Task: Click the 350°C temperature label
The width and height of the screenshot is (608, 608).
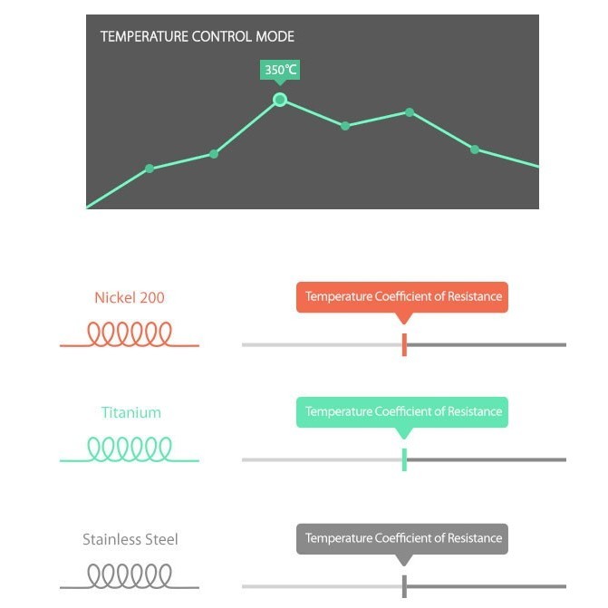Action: (x=280, y=70)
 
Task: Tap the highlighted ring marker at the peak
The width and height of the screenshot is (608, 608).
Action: (x=280, y=100)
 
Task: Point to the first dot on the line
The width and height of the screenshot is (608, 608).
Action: (x=150, y=169)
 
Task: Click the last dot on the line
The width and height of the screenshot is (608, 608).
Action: (x=475, y=150)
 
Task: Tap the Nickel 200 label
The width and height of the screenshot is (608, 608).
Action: (x=130, y=298)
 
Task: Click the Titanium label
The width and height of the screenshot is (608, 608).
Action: (x=131, y=412)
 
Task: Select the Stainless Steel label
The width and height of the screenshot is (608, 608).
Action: (x=130, y=539)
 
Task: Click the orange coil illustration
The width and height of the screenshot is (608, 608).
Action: (x=130, y=333)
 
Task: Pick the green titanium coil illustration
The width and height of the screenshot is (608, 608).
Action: (x=130, y=449)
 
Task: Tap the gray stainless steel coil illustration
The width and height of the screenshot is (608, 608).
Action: (x=130, y=575)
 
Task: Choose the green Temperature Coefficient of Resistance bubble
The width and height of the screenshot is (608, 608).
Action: (x=402, y=412)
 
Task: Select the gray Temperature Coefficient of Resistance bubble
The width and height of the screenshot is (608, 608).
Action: (x=402, y=539)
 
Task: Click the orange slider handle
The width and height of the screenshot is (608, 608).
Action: (x=404, y=344)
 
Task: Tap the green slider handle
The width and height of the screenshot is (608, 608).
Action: (x=404, y=459)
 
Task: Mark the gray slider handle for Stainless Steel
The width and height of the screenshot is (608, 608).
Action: (x=404, y=586)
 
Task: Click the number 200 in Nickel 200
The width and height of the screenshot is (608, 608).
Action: (x=152, y=298)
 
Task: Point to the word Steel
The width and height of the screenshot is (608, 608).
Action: (x=161, y=539)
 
